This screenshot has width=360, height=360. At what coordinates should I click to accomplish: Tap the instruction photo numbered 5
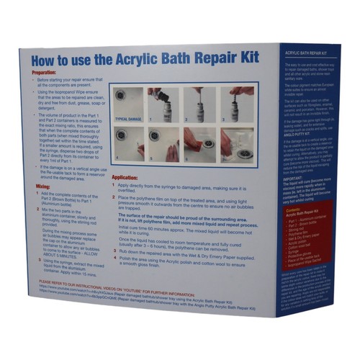point(165,143)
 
